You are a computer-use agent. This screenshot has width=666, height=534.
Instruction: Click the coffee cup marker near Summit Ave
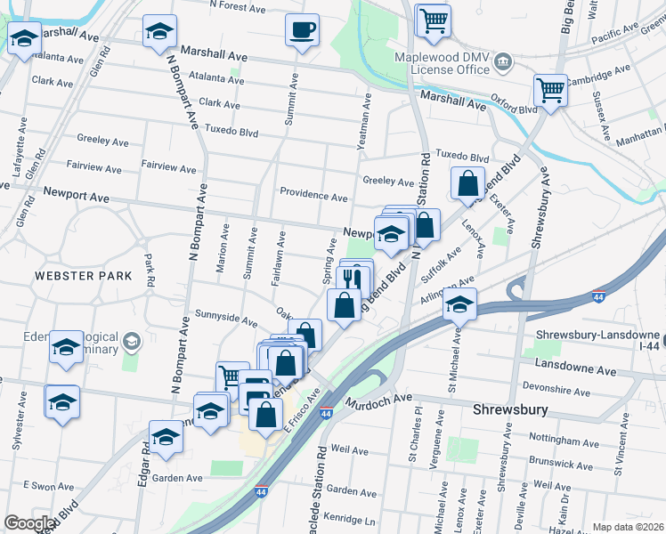click(x=302, y=29)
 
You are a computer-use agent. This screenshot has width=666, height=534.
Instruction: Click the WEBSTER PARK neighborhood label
click(x=83, y=276)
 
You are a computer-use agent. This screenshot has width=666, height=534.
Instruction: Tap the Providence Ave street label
click(x=313, y=195)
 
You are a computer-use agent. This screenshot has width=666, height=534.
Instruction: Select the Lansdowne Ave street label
click(x=576, y=368)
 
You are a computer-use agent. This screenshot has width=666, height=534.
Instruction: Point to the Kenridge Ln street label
click(x=351, y=518)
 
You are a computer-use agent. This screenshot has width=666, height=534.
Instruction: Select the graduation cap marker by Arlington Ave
click(x=459, y=303)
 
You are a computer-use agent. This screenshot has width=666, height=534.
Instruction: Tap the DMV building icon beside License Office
click(x=503, y=62)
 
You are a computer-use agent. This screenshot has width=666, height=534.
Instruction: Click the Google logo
click(x=29, y=523)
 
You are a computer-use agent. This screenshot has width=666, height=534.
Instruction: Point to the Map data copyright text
click(x=628, y=527)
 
